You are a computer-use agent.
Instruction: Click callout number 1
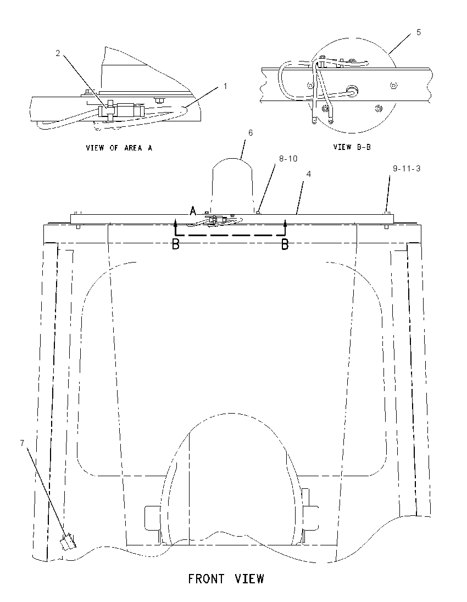pyautogui.click(x=225, y=86)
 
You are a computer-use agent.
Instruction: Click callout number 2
pyautogui.click(x=58, y=53)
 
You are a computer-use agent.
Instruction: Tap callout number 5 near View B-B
pyautogui.click(x=419, y=32)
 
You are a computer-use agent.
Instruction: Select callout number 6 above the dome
pyautogui.click(x=251, y=133)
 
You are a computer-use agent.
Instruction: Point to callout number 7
pyautogui.click(x=23, y=443)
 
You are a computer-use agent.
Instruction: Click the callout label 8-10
pyautogui.click(x=288, y=159)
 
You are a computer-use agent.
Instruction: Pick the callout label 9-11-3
pyautogui.click(x=407, y=169)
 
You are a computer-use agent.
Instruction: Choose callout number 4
pyautogui.click(x=308, y=174)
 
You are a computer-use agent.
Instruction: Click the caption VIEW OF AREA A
pyautogui.click(x=119, y=148)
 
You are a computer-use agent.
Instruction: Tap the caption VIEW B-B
pyautogui.click(x=352, y=147)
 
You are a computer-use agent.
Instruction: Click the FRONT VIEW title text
pyautogui.click(x=226, y=578)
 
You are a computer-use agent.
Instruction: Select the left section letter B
pyautogui.click(x=175, y=244)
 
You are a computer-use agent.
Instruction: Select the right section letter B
pyautogui.click(x=285, y=244)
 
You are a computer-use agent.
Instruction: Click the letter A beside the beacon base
pyautogui.click(x=193, y=210)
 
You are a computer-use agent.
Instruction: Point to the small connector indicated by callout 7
pyautogui.click(x=68, y=542)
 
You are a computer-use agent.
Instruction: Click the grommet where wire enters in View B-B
pyautogui.click(x=353, y=91)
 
